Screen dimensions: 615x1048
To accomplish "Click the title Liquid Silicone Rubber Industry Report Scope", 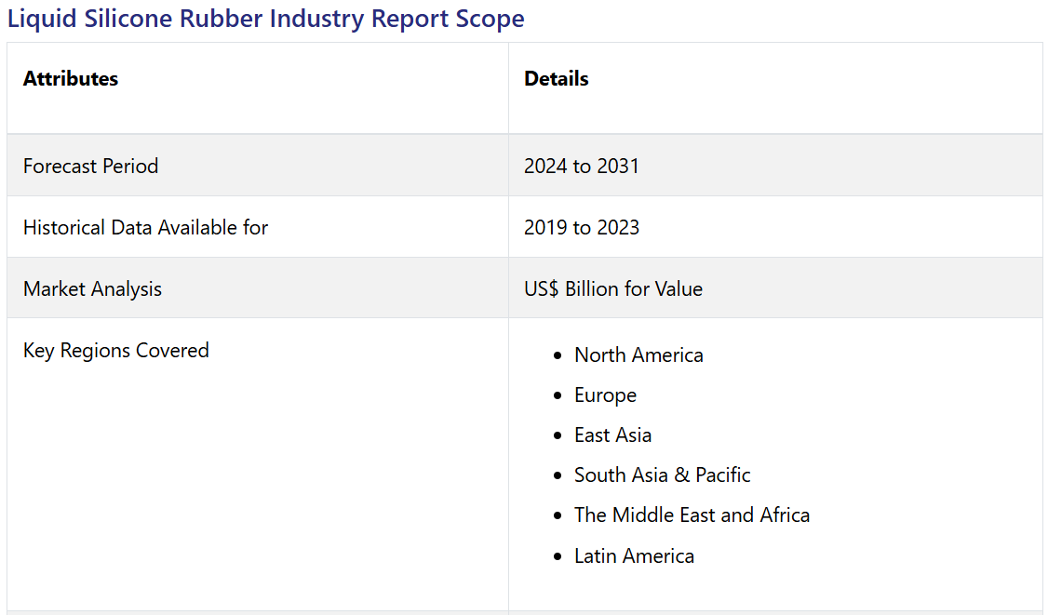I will click(x=265, y=19).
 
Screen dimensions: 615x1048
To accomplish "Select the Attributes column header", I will click(x=71, y=79).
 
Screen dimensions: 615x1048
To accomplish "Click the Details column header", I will click(x=557, y=79).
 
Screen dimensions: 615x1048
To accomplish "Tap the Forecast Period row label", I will click(x=90, y=166).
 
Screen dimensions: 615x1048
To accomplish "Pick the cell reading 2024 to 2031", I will click(x=582, y=166).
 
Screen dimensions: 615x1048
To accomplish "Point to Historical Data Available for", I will click(x=145, y=227).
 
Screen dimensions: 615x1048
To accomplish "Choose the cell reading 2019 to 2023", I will click(x=582, y=227).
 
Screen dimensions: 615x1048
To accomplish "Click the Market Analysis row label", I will click(x=92, y=289).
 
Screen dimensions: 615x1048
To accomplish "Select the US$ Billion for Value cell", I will click(x=613, y=289).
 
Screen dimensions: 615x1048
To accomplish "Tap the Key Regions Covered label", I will click(x=115, y=351).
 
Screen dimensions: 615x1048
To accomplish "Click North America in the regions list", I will click(x=638, y=355).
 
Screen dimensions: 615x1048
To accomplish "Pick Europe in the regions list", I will click(x=605, y=395).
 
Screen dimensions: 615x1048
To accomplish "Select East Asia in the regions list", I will click(x=612, y=435).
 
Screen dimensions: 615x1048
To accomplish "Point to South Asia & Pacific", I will click(x=662, y=475).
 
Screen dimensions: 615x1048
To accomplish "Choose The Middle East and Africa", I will click(x=692, y=515).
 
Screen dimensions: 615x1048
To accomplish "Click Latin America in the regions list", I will click(x=634, y=556).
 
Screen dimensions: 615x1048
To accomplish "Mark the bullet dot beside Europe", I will click(x=557, y=396).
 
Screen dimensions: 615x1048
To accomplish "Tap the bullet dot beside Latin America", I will click(x=557, y=557).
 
